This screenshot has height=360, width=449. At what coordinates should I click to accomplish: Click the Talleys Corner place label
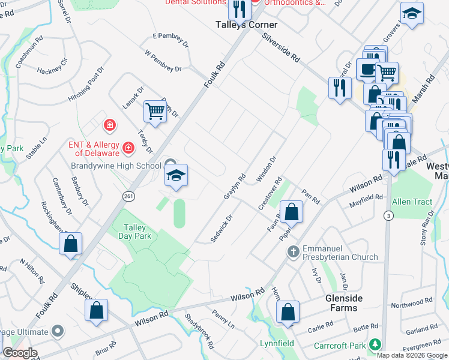(247, 25)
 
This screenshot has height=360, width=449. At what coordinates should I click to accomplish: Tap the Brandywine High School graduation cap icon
(176, 176)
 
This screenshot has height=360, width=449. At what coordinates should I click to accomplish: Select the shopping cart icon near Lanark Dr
(155, 111)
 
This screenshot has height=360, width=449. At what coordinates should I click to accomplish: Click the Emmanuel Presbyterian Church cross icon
(293, 250)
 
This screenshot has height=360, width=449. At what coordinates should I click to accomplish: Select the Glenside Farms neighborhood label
(342, 303)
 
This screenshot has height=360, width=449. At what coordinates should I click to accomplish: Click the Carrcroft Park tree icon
(375, 344)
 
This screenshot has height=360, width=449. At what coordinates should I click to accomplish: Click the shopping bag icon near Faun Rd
(291, 212)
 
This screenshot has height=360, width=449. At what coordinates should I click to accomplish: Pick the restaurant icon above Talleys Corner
(239, 9)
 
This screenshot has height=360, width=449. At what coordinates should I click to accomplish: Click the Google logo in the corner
(20, 353)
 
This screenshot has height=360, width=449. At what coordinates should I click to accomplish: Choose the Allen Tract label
(412, 202)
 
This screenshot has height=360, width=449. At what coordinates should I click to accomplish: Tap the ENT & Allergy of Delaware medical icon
(128, 148)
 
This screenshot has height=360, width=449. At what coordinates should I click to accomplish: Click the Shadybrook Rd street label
(199, 331)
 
